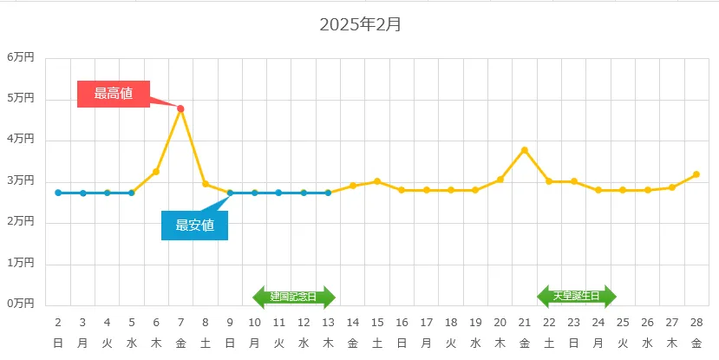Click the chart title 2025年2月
(360, 24)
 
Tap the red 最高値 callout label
(114, 94)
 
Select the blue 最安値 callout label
(195, 226)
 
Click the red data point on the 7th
(180, 108)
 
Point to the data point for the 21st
(525, 150)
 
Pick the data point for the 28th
(696, 174)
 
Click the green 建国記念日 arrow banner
(293, 297)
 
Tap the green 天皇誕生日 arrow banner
(576, 296)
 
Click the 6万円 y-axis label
(21, 57)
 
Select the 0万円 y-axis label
(21, 304)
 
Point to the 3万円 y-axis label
(21, 180)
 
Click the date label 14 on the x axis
(353, 322)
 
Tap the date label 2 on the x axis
(58, 322)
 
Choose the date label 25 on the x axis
(623, 322)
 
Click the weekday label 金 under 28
(696, 344)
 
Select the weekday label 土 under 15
(377, 344)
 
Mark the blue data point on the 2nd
(58, 193)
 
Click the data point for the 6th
(156, 172)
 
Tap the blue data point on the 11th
(279, 193)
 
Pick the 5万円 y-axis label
(21, 99)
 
